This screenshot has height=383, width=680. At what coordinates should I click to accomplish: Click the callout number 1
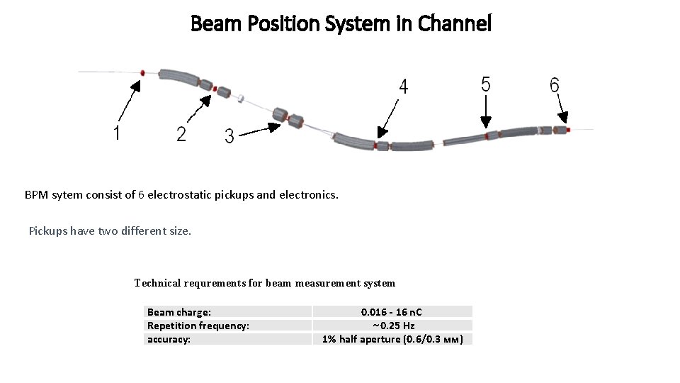pyautogui.click(x=116, y=133)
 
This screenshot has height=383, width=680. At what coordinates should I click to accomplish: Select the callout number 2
pyautogui.click(x=181, y=134)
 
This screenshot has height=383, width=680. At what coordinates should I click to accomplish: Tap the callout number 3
pyautogui.click(x=229, y=136)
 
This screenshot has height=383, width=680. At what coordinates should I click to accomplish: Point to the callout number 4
pyautogui.click(x=403, y=87)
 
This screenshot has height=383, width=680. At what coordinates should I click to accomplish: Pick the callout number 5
pyautogui.click(x=485, y=85)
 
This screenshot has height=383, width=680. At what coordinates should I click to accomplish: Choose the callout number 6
pyautogui.click(x=554, y=86)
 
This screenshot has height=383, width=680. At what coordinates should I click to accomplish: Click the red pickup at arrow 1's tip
pyautogui.click(x=142, y=73)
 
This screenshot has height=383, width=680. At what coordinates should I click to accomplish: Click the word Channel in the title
pyautogui.click(x=454, y=24)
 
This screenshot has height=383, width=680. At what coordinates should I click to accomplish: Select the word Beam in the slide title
pyautogui.click(x=216, y=24)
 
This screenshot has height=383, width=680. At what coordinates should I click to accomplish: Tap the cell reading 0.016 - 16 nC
pyautogui.click(x=392, y=312)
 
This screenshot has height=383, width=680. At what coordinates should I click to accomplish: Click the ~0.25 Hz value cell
pyautogui.click(x=392, y=326)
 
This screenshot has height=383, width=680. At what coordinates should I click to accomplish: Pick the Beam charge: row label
pyautogui.click(x=179, y=312)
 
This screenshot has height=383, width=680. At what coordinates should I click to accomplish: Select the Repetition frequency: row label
pyautogui.click(x=198, y=326)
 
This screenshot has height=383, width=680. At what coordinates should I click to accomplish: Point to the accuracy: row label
pyautogui.click(x=169, y=339)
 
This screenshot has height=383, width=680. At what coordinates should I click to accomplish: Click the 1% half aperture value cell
pyautogui.click(x=392, y=339)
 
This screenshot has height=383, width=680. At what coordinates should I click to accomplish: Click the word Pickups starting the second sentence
pyautogui.click(x=48, y=231)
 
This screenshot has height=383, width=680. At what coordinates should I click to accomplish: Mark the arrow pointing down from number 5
pyautogui.click(x=486, y=113)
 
